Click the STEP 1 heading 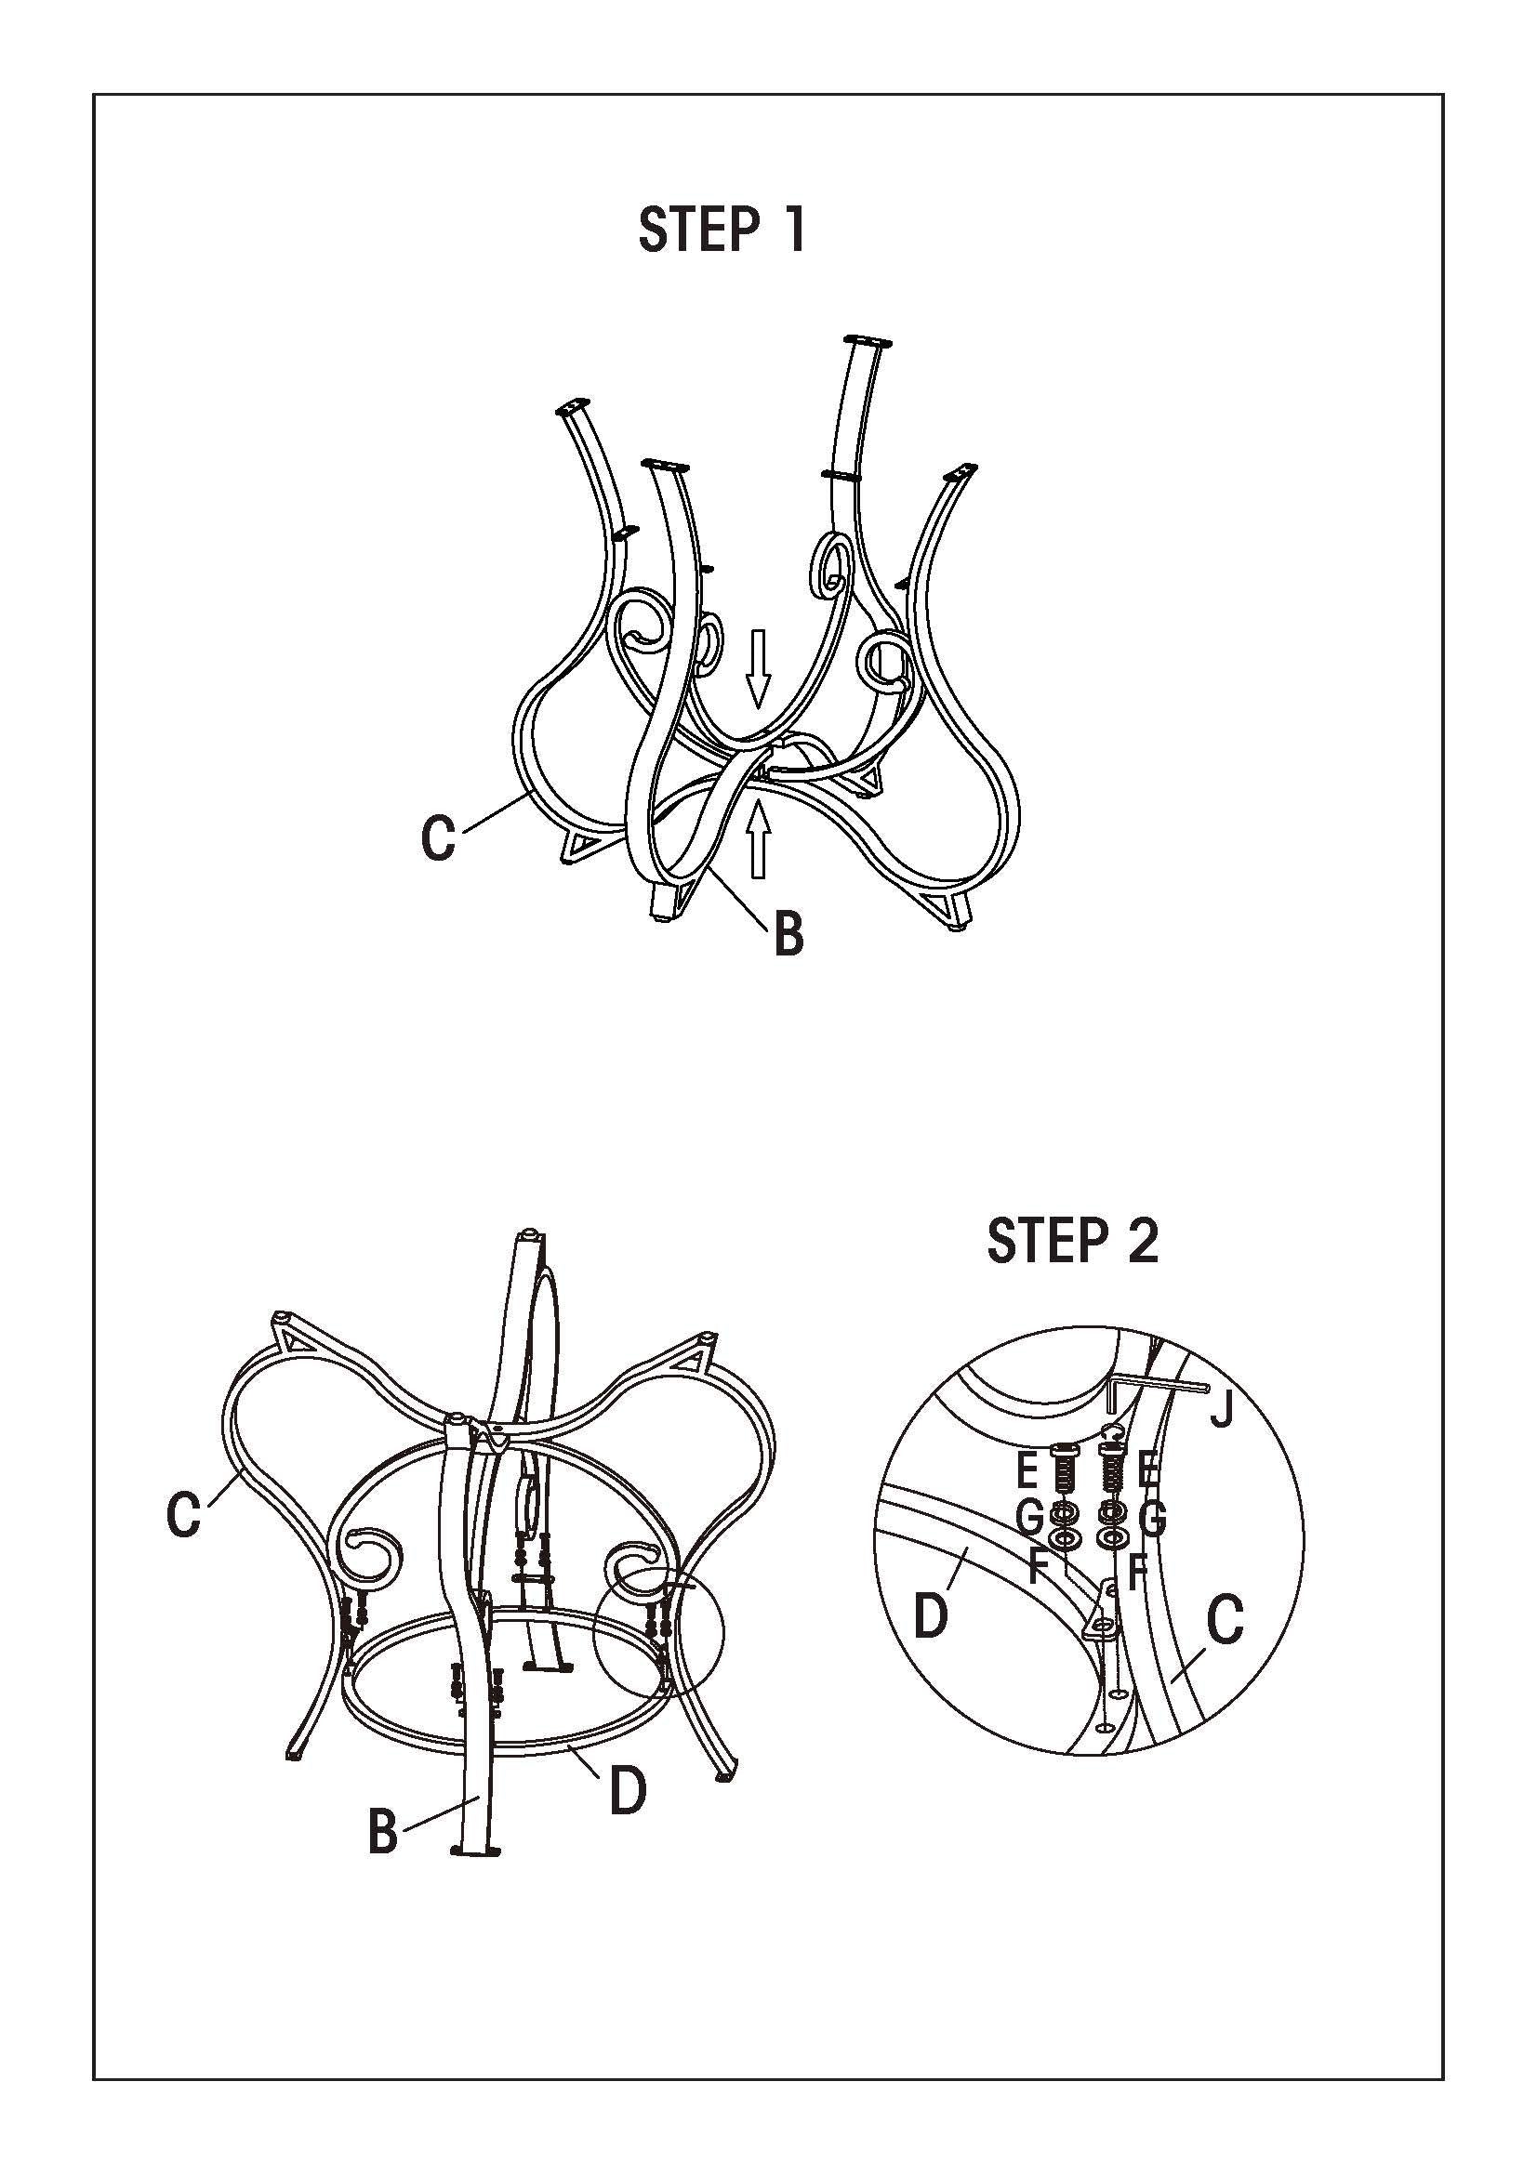pyautogui.click(x=722, y=231)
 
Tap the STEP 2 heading pyautogui.click(x=1072, y=1242)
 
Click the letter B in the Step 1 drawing pyautogui.click(x=788, y=933)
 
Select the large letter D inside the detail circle pyautogui.click(x=930, y=1615)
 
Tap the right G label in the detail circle pyautogui.click(x=1151, y=1520)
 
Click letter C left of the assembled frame pyautogui.click(x=184, y=1518)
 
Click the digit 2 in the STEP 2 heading pyautogui.click(x=1143, y=1242)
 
